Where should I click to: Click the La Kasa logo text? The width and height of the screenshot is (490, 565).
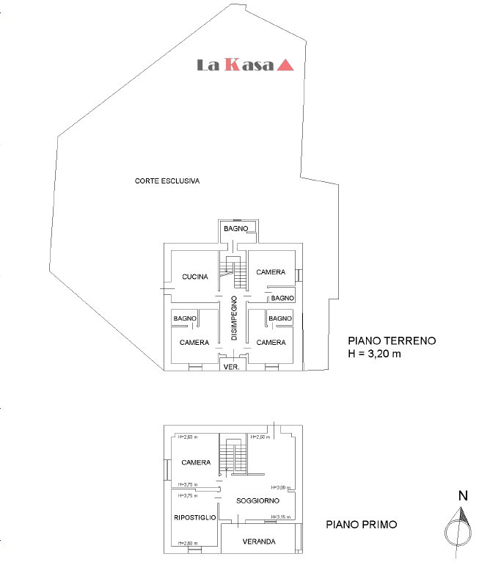click(235, 65)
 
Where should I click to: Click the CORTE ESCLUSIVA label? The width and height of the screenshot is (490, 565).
click(167, 181)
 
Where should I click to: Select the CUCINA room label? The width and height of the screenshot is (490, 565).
click(196, 277)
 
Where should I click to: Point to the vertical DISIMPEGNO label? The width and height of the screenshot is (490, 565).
click(234, 317)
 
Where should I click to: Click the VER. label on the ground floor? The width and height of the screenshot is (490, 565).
click(232, 367)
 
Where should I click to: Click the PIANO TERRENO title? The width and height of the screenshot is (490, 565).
click(392, 340)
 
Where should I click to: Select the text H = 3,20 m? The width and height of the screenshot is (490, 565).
click(376, 353)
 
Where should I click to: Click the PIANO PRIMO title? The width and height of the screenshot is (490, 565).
click(362, 525)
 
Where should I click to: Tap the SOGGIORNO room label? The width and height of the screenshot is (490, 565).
click(257, 500)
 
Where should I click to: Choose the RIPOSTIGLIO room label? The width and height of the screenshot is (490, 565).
click(194, 518)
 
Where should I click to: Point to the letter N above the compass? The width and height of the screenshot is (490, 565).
click(463, 496)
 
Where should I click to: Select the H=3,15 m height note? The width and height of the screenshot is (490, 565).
click(281, 517)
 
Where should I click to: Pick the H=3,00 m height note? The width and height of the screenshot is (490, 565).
click(281, 487)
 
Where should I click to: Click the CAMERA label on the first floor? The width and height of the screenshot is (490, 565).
click(196, 463)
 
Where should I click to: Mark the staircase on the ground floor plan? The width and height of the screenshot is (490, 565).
click(236, 272)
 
